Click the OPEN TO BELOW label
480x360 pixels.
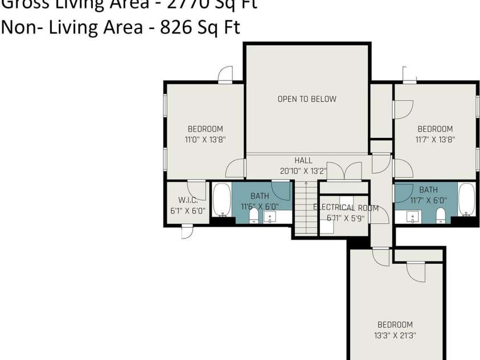pyautogui.click(x=307, y=99)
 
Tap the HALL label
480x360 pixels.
pyautogui.click(x=303, y=161)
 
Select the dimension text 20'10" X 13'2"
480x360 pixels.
pyautogui.click(x=303, y=170)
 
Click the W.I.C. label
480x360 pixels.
pyautogui.click(x=187, y=200)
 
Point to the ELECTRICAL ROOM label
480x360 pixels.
pyautogui.click(x=346, y=208)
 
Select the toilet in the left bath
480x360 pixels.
pyautogui.click(x=254, y=216)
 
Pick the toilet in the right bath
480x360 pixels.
pyautogui.click(x=440, y=215)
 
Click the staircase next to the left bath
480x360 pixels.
pyautogui.click(x=306, y=208)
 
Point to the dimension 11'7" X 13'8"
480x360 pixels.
pyautogui.click(x=435, y=138)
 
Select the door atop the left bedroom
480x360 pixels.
pyautogui.click(x=226, y=74)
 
